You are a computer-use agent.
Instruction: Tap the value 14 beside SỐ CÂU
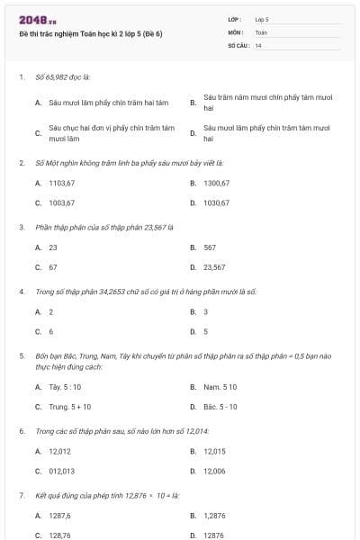[258, 45]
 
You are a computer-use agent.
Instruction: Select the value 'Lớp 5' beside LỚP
[262, 18]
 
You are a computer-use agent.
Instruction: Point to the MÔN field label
[236, 31]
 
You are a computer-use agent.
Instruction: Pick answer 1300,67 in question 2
[217, 183]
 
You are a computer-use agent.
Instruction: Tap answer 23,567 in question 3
[214, 267]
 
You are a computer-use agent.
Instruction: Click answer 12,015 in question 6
[214, 451]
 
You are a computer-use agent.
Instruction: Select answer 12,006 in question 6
[214, 471]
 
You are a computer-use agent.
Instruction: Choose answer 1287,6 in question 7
[60, 515]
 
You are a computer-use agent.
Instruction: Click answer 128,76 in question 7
[60, 535]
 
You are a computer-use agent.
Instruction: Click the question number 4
[21, 292]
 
